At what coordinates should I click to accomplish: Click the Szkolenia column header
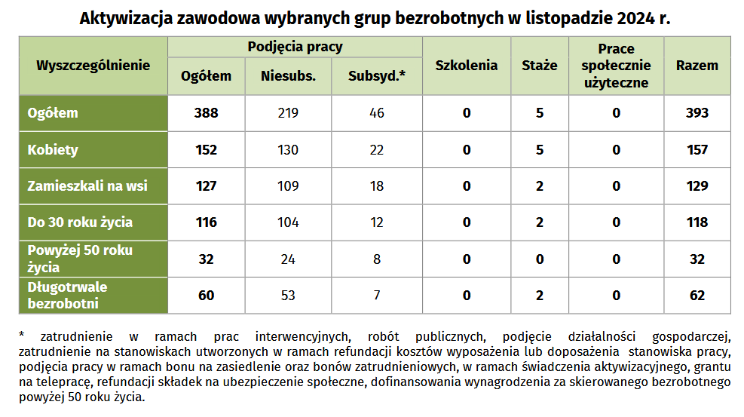467,66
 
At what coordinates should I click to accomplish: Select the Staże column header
540,66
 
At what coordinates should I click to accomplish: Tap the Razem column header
697,66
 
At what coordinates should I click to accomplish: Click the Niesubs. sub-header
288,76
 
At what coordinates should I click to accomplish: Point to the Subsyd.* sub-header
377,76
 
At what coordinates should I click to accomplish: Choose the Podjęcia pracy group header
295,47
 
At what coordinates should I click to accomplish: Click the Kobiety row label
53,150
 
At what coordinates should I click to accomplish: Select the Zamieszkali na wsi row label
87,186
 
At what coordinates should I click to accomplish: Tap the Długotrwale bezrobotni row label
67,295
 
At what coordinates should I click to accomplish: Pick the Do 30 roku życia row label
80,222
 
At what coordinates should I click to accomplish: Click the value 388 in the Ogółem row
206,113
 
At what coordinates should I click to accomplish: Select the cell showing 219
288,113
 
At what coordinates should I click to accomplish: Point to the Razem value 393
697,113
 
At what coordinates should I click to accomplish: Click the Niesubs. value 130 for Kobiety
288,150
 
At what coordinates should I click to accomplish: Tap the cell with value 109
288,186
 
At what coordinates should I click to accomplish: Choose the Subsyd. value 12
377,222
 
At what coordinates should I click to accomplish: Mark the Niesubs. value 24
288,259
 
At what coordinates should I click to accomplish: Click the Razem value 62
697,296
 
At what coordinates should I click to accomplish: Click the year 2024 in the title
635,19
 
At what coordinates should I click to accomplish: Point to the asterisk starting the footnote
22,335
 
